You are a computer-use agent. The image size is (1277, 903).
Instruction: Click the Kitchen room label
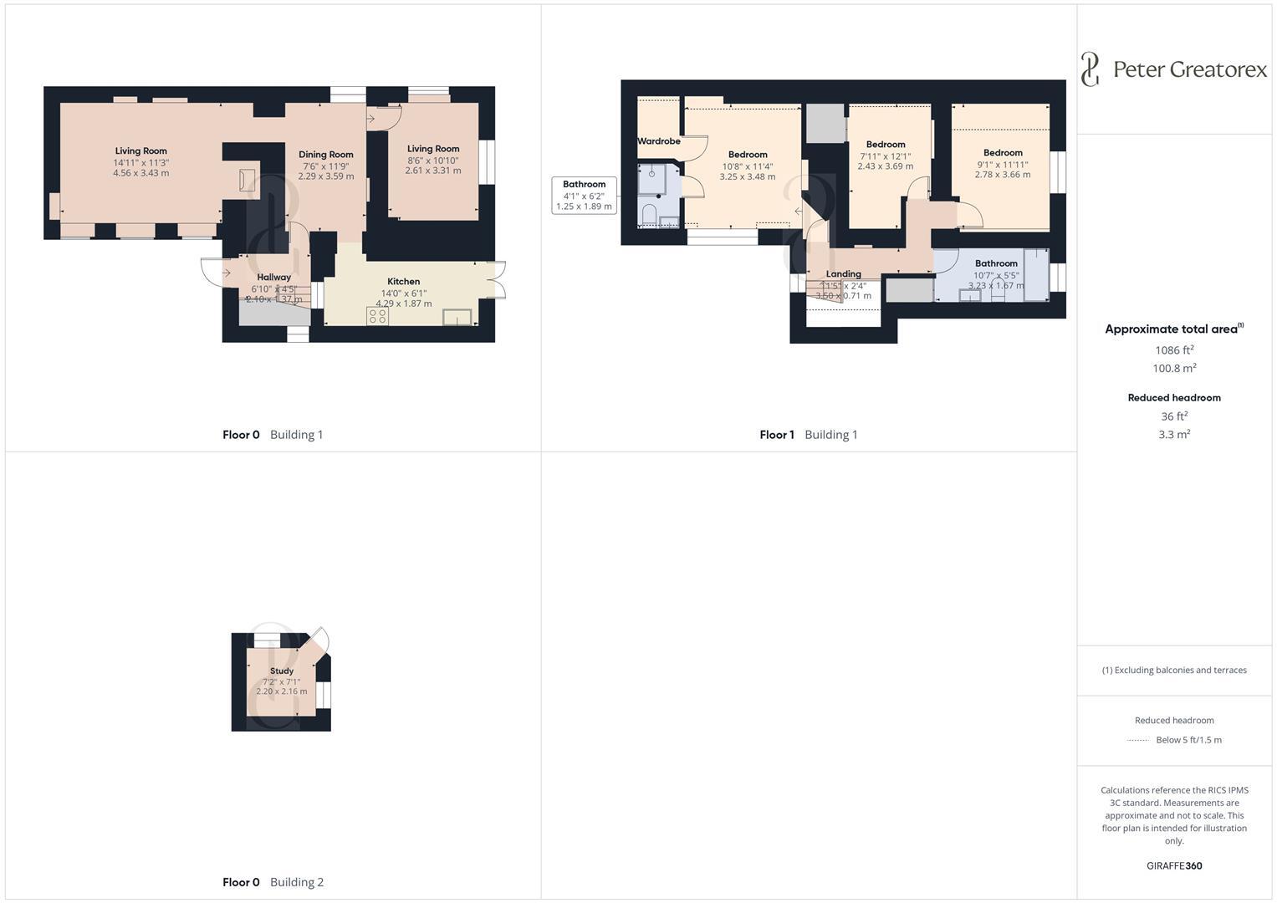(403, 282)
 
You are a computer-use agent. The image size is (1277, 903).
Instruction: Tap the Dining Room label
(325, 155)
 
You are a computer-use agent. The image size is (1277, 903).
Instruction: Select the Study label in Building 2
(282, 671)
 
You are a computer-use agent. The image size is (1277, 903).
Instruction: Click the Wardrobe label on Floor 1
(659, 141)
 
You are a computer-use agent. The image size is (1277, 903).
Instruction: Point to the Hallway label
(273, 278)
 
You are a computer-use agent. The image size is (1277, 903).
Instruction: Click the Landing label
(843, 274)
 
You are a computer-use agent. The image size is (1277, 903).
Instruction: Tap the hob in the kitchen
(377, 316)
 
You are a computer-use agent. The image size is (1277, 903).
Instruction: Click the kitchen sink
(458, 316)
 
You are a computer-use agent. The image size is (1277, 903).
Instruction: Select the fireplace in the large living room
(247, 180)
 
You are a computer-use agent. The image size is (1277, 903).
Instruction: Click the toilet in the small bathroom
(649, 215)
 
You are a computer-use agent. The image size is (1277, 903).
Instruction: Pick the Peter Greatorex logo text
(1189, 69)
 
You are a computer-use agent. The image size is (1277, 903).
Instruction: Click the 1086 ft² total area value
(1174, 350)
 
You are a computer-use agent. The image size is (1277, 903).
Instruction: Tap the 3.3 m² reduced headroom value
(1174, 435)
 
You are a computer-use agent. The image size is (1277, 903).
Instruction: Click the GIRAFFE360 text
(1174, 866)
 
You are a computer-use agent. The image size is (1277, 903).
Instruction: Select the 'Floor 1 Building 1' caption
(808, 435)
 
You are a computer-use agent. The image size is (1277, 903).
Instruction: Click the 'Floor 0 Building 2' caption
(273, 882)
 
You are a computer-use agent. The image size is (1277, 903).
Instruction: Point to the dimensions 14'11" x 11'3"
(141, 163)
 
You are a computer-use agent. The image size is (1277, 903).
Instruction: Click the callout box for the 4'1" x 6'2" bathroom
(584, 195)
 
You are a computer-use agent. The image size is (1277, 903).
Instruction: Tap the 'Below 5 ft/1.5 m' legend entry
(1188, 740)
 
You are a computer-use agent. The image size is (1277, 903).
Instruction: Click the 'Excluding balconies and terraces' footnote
(1174, 671)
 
